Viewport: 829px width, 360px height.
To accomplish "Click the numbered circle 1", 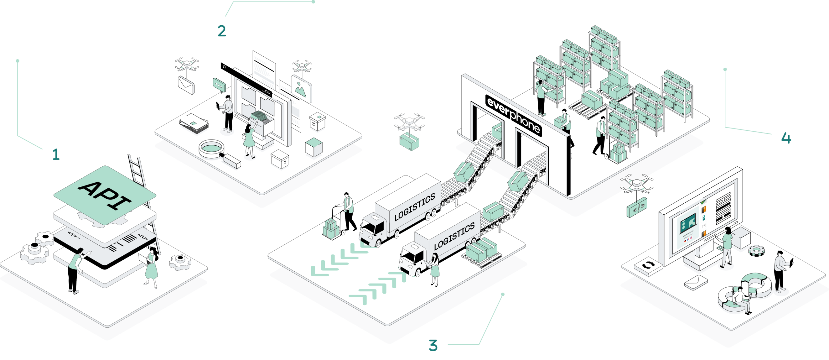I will pyautogui.click(x=56, y=154).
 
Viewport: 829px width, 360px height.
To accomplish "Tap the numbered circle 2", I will pyautogui.click(x=222, y=31).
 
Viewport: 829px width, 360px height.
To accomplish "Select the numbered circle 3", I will pyautogui.click(x=433, y=345).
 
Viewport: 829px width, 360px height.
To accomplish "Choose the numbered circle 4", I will pyautogui.click(x=786, y=138).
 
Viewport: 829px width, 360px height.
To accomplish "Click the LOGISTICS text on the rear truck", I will pyautogui.click(x=414, y=208).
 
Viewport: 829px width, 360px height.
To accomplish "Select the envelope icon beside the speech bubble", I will pyautogui.click(x=186, y=84).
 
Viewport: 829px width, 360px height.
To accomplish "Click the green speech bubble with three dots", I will pyautogui.click(x=219, y=85).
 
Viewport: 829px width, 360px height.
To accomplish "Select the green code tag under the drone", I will pyautogui.click(x=637, y=207).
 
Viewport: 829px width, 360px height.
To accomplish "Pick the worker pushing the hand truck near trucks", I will pyautogui.click(x=348, y=212).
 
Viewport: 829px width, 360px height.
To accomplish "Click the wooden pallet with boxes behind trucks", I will pyautogui.click(x=482, y=253).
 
